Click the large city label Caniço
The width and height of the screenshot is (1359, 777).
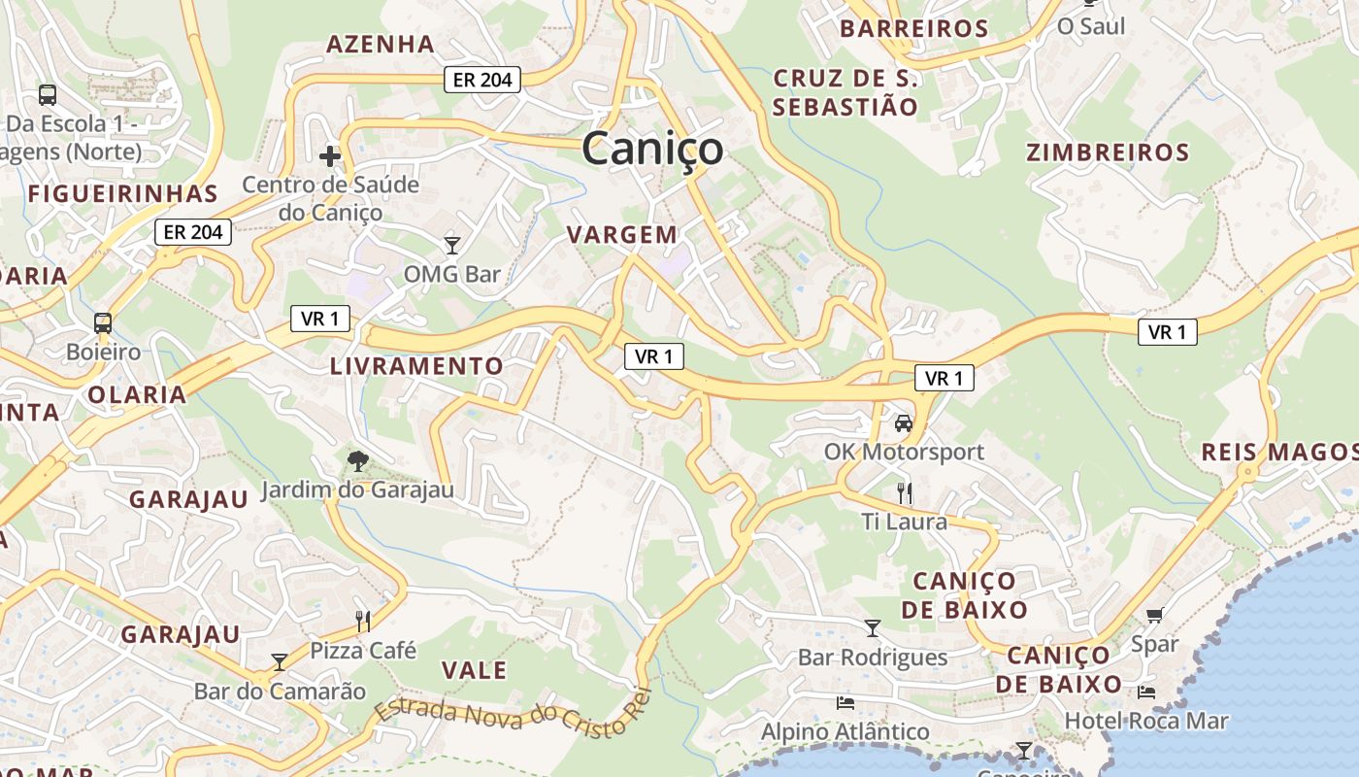pos(652,149)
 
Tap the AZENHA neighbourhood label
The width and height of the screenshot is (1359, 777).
pos(380,44)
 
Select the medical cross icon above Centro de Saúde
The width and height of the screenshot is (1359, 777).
pos(330,155)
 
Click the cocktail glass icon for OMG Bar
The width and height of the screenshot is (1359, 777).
pos(451,244)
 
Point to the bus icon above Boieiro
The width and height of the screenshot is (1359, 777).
pos(103,322)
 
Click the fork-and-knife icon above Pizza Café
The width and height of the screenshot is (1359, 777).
pos(363,621)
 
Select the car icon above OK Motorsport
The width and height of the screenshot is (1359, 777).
pos(904,422)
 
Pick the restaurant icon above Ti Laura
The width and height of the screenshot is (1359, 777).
pos(905,492)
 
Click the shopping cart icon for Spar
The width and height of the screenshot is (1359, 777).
pos(1154,615)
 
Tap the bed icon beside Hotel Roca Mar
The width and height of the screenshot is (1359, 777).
pos(1146,693)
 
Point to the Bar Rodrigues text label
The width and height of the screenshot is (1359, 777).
pos(872,658)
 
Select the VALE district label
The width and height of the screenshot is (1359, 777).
pos(474,670)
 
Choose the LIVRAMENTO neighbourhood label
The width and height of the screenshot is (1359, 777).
pos(416,366)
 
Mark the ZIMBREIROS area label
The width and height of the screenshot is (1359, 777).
pos(1108,152)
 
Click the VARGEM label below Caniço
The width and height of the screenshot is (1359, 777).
pos(622,234)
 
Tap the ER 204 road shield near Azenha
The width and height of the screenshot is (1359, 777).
pos(482,80)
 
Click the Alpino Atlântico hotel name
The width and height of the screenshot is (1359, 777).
pos(845,731)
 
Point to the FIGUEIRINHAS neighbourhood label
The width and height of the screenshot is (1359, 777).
pos(121,193)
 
